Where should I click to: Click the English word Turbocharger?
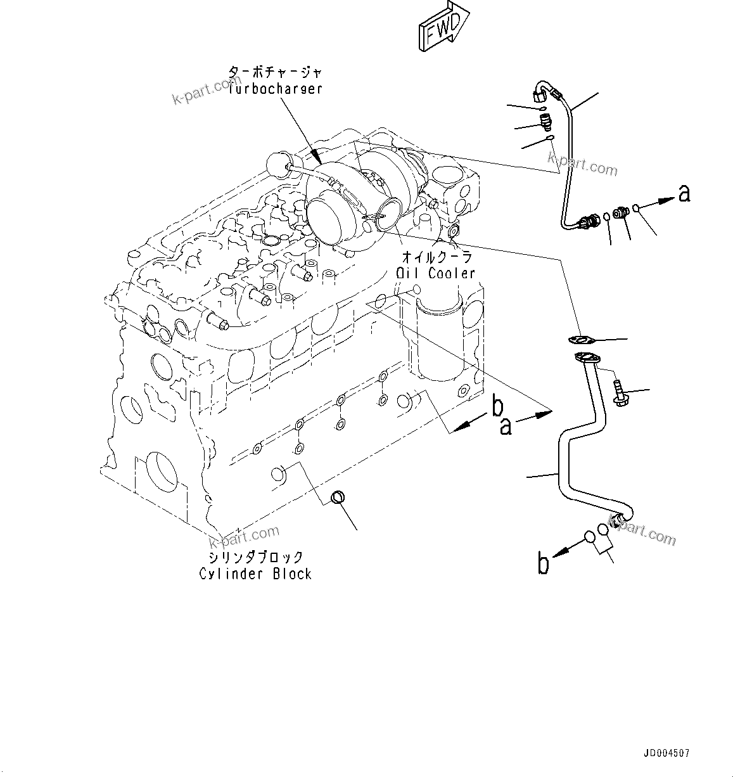[276, 89]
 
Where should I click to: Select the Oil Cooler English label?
[435, 273]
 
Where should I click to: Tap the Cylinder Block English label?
[255, 574]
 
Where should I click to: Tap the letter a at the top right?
[684, 193]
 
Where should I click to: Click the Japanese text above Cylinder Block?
[255, 558]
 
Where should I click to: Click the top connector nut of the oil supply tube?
[540, 95]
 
